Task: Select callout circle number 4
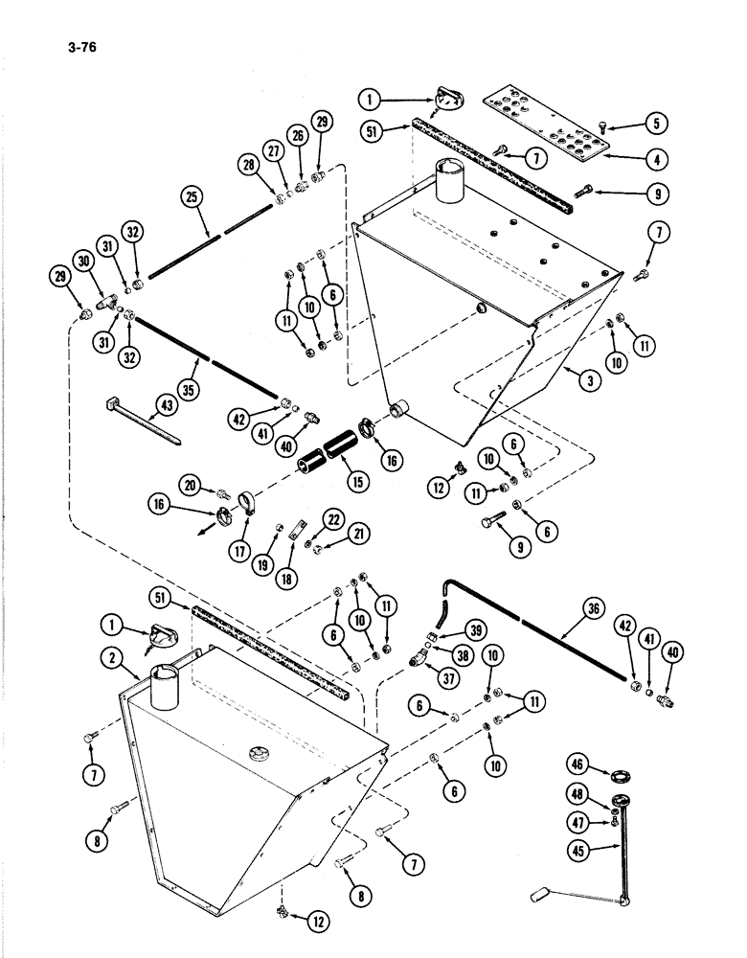pyautogui.click(x=655, y=158)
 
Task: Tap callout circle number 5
pyautogui.click(x=655, y=123)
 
